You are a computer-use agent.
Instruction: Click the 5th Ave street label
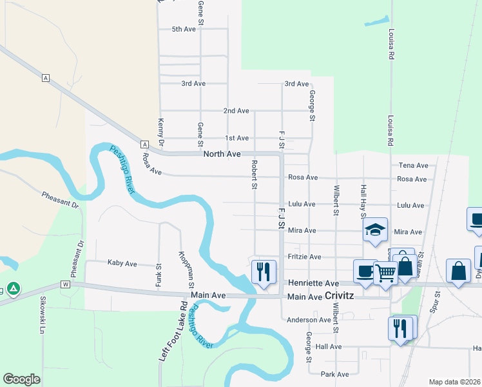(184, 29)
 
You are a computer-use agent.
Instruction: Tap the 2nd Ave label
(236, 111)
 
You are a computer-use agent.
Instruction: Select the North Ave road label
(222, 154)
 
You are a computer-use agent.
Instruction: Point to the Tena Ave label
(414, 166)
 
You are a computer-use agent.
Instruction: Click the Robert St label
(255, 175)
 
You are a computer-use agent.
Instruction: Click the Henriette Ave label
(314, 283)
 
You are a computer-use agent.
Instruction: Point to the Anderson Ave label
(309, 320)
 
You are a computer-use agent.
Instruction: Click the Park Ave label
(334, 374)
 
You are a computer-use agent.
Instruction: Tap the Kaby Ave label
(122, 263)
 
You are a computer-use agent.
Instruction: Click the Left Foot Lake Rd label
(165, 340)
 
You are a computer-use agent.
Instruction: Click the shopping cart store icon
(385, 273)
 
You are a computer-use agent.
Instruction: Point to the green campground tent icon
(14, 288)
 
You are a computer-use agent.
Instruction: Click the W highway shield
(65, 284)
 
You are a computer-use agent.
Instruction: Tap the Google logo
(21, 379)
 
